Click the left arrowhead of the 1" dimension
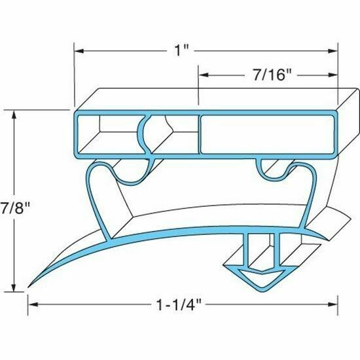point(77,50)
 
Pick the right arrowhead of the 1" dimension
point(334,50)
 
